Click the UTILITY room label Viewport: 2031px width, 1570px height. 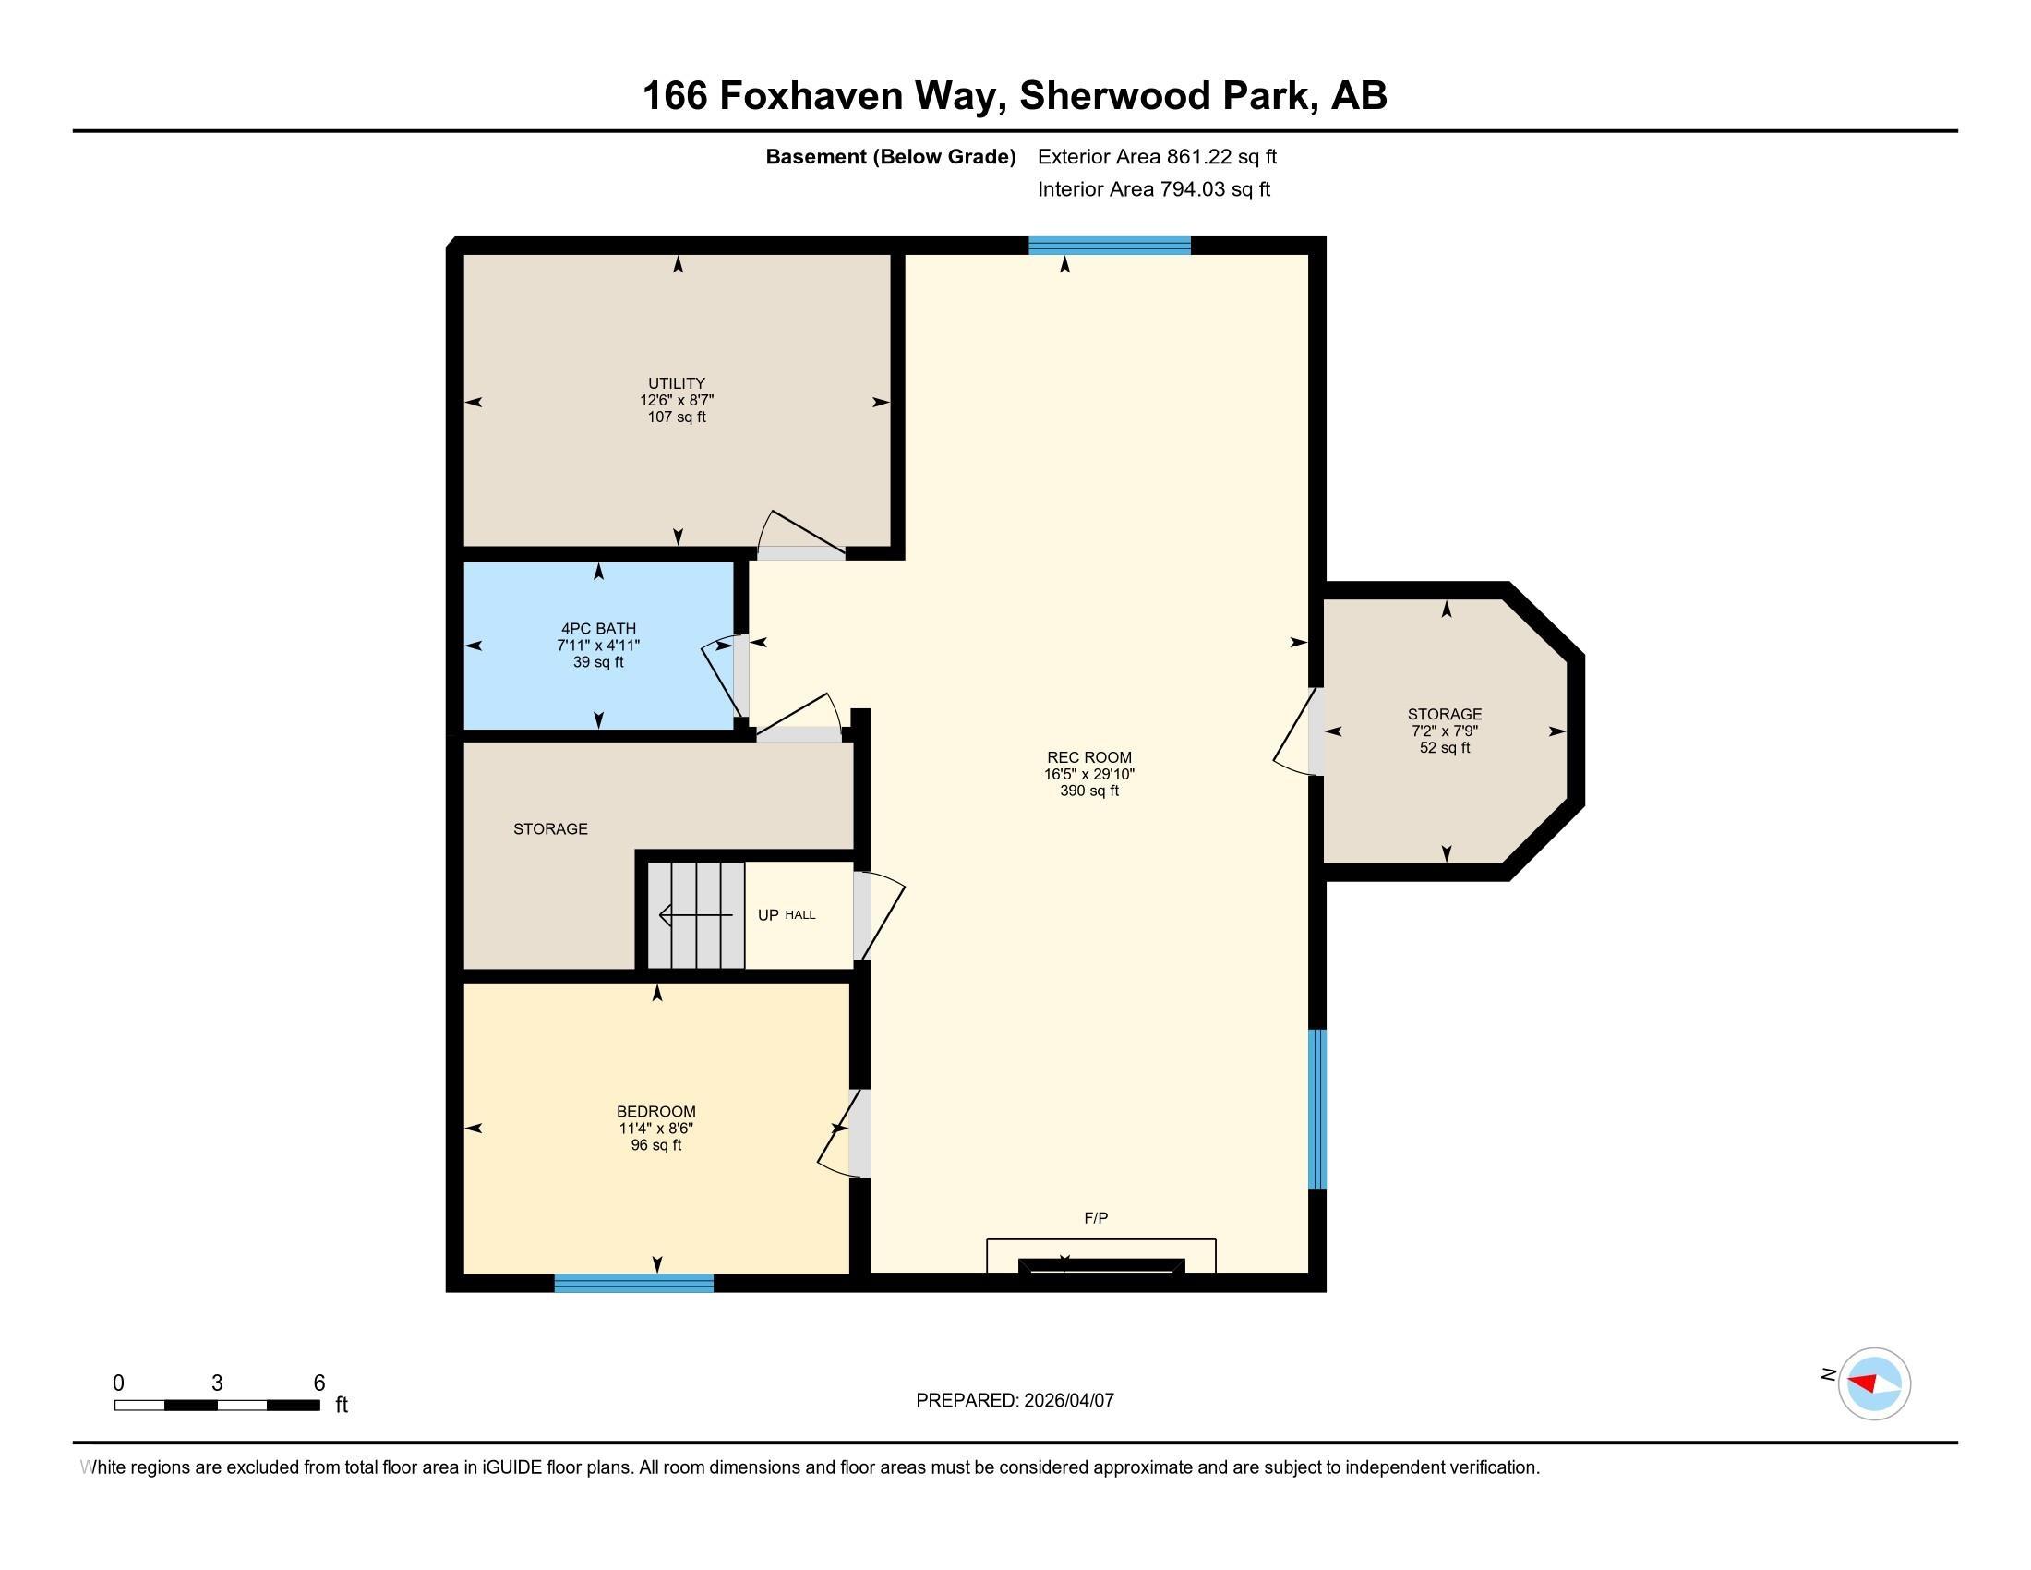coord(676,383)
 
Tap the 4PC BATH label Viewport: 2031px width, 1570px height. coord(598,629)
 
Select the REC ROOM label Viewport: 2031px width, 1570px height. coord(1089,757)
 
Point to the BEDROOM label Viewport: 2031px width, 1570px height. coord(655,1111)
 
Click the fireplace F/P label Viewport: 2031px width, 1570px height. coord(1097,1218)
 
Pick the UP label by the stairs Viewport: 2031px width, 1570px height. coord(768,915)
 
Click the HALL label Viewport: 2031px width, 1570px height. coord(799,915)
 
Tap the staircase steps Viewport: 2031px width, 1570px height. coord(696,915)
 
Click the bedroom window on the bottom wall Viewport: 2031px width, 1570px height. coord(634,1283)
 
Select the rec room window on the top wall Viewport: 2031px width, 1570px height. coord(1110,246)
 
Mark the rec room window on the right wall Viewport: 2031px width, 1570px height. coord(1316,1108)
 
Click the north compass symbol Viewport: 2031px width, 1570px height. coord(1873,1383)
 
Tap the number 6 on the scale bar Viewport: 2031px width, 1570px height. coord(319,1383)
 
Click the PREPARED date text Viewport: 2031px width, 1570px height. coord(1015,1400)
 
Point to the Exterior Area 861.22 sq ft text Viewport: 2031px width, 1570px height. coord(1157,156)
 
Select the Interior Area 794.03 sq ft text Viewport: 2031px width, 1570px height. coord(1154,188)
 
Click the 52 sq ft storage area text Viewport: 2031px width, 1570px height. coord(1444,748)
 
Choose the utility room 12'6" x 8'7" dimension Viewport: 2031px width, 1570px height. coord(676,400)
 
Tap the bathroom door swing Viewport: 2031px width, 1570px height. coord(720,675)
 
